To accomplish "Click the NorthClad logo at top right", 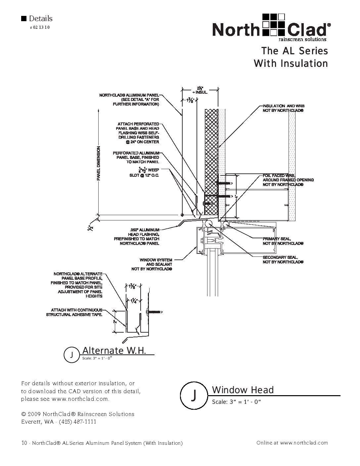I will pyautogui.click(x=271, y=27).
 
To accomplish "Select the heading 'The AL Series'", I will pyautogui.click(x=294, y=51).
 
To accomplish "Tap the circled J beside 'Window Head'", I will pyautogui.click(x=195, y=395).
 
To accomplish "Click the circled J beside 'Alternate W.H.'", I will pyautogui.click(x=71, y=355).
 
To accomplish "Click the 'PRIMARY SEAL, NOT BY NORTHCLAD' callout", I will pyautogui.click(x=283, y=241).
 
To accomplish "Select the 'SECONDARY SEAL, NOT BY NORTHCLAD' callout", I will pyautogui.click(x=283, y=259).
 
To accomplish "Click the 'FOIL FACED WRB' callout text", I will pyautogui.click(x=288, y=180).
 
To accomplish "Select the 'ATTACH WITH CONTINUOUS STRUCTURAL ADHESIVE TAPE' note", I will pyautogui.click(x=74, y=312).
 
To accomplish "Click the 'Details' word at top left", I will pyautogui.click(x=41, y=19).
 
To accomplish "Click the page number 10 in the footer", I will pyautogui.click(x=24, y=443).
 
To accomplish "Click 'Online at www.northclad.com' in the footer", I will pyautogui.click(x=292, y=443).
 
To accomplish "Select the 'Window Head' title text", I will pyautogui.click(x=243, y=390).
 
